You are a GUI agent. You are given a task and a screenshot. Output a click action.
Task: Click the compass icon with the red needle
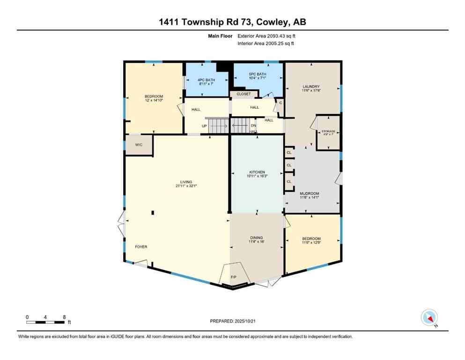pos(429,317)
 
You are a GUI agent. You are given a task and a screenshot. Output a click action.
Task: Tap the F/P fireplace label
pos(234,277)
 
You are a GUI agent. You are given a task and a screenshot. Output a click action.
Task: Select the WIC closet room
pos(139,145)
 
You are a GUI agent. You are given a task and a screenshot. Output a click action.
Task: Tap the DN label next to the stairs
pos(253,126)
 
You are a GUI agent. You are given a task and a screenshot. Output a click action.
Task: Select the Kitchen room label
pos(257,172)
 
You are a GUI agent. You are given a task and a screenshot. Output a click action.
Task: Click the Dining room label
pos(256,238)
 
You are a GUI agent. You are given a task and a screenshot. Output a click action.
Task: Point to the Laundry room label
pos(311,86)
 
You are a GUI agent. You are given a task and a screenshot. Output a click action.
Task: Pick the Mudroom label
pos(309,194)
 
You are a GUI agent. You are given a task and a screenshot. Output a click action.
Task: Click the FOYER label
pos(141,247)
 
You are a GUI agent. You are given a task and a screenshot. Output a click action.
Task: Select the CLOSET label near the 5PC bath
pos(244,94)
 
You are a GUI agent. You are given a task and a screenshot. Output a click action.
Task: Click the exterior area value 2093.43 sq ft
pos(280,35)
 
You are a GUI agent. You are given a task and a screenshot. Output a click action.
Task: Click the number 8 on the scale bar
pos(64,317)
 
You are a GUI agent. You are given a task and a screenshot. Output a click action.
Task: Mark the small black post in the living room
pos(153,213)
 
